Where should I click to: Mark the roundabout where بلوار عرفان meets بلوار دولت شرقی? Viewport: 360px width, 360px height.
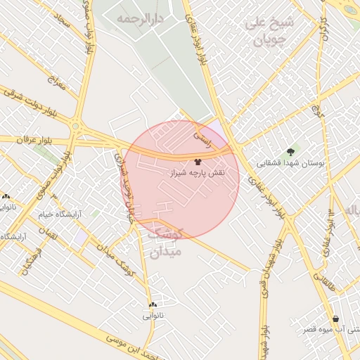pos(75,127)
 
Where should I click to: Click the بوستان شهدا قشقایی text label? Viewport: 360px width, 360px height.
pos(290,162)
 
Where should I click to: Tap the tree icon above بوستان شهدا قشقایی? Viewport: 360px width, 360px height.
pos(290,152)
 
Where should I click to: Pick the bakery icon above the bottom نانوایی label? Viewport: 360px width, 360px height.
pos(153,304)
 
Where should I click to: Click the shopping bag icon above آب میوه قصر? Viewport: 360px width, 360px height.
pos(335,319)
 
